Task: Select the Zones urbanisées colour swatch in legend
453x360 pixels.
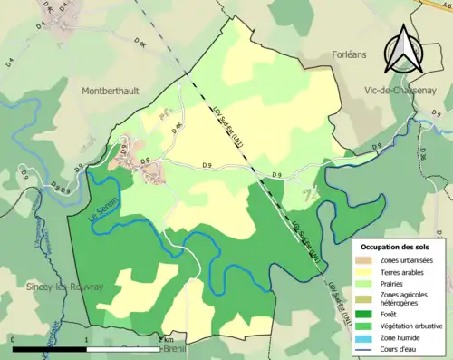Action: [x=366, y=261]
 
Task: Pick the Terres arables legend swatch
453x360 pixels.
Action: [x=366, y=274]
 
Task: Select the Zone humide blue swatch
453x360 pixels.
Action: [x=366, y=337]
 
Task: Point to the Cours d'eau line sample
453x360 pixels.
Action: [x=366, y=348]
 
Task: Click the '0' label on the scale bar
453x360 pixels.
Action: [x=14, y=340]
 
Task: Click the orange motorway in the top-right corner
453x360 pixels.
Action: [x=444, y=5]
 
